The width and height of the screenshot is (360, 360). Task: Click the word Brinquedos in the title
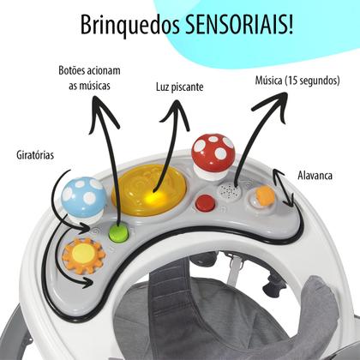tap(130, 26)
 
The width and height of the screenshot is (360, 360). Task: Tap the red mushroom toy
tap(213, 156)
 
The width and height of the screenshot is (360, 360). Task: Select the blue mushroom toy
tap(83, 199)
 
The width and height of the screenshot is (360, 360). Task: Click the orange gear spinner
tap(83, 255)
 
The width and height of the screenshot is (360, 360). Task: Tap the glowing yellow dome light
tap(149, 189)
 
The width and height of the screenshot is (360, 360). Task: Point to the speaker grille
tap(229, 191)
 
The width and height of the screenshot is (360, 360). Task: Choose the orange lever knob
tap(264, 195)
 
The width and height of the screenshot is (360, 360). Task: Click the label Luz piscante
tap(180, 87)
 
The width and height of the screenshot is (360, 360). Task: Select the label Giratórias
tap(35, 155)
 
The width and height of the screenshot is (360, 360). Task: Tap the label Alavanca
tap(315, 175)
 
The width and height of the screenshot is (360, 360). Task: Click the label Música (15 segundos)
tap(297, 81)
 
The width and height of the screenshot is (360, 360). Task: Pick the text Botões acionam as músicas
tap(89, 78)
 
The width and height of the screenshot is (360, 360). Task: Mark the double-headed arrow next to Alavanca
tap(283, 188)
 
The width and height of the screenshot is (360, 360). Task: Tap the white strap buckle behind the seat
tap(235, 266)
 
